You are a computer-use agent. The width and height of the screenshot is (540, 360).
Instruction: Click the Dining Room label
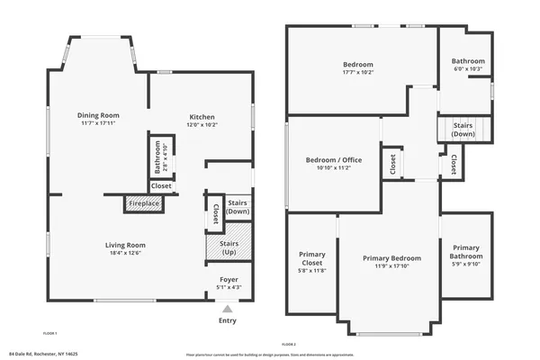(x=99, y=115)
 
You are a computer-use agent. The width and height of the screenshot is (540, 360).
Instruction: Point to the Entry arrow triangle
(x=227, y=309)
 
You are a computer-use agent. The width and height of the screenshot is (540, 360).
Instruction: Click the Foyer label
(x=229, y=280)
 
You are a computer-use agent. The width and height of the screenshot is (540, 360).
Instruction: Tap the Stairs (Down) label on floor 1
(x=238, y=207)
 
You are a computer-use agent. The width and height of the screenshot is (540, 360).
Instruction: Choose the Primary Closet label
(x=310, y=261)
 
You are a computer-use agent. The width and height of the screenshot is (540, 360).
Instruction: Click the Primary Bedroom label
(x=391, y=258)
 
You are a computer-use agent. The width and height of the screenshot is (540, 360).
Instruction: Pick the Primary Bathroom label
(x=466, y=252)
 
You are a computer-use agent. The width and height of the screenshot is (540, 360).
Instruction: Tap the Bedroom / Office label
(x=332, y=158)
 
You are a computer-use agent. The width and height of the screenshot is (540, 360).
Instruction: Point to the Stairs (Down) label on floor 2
(x=463, y=130)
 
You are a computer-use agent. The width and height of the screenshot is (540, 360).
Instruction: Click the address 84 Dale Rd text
(x=43, y=353)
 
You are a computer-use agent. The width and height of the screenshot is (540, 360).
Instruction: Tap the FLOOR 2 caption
(x=289, y=345)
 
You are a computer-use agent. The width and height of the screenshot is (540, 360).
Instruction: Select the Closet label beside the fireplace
(x=161, y=186)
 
